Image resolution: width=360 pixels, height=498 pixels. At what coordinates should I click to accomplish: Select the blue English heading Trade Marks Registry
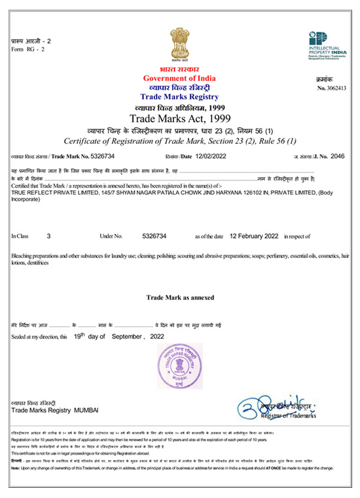(179, 97)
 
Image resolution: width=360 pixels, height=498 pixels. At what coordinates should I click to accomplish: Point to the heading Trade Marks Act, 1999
(180, 117)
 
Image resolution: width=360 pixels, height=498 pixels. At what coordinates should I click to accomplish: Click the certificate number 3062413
(336, 88)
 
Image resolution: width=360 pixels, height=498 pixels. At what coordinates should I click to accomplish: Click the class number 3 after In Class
(48, 237)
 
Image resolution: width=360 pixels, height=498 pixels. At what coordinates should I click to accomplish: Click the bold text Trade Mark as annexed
(180, 298)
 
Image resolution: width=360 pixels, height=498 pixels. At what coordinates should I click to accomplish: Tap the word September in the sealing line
(128, 337)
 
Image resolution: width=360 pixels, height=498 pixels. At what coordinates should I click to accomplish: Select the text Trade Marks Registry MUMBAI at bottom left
(55, 409)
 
